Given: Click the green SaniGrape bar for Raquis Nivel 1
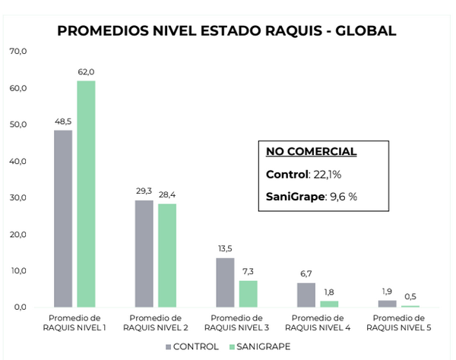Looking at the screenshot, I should point(86,194).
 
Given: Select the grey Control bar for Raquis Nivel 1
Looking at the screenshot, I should point(63,219).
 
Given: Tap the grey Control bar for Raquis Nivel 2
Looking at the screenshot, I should point(144,254).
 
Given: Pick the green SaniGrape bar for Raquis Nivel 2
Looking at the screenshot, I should point(166,255).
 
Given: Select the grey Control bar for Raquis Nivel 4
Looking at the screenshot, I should point(306,295).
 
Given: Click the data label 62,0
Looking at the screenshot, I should point(86,72).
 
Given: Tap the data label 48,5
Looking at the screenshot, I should point(63,122).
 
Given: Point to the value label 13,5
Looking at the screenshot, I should point(225,249).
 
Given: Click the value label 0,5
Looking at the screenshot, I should point(410,297).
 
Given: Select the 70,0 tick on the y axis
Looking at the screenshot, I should point(18,52).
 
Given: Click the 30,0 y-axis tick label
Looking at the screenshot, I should point(18,198).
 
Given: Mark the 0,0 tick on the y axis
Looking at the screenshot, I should point(20,308).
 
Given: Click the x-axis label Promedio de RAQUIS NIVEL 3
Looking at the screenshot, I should point(236,322).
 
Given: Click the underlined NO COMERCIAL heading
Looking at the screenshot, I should point(311,152).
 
